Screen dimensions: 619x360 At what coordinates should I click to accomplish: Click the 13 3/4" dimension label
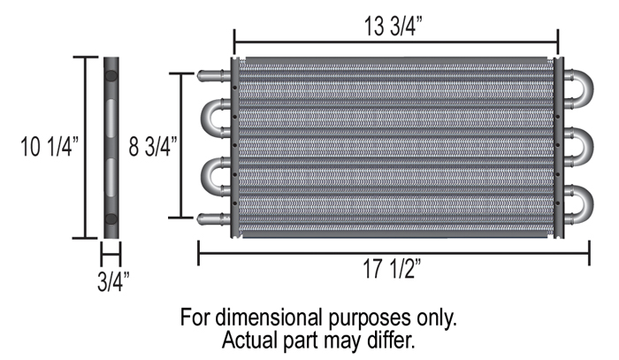tap(393, 26)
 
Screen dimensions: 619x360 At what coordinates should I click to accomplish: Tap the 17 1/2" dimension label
tap(392, 269)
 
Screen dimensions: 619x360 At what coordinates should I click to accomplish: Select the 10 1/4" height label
tap(50, 146)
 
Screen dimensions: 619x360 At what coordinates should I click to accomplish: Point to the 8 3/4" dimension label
tap(153, 146)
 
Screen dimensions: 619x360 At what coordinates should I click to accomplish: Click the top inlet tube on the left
tap(214, 75)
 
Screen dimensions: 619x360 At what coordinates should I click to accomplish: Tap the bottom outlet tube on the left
tap(214, 218)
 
